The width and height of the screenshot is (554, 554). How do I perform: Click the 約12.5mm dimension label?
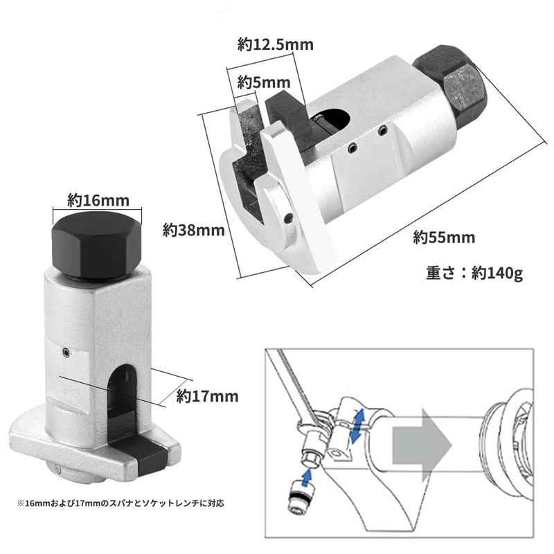[276, 45]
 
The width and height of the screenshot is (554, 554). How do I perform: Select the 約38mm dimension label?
[194, 228]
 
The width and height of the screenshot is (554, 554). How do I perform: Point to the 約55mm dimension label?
[444, 237]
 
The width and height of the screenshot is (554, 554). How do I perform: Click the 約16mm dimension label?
[98, 200]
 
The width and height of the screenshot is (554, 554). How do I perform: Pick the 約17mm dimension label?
[207, 396]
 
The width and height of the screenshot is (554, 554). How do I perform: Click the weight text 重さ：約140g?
[474, 271]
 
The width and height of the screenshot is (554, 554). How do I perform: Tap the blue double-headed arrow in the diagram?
[357, 425]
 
